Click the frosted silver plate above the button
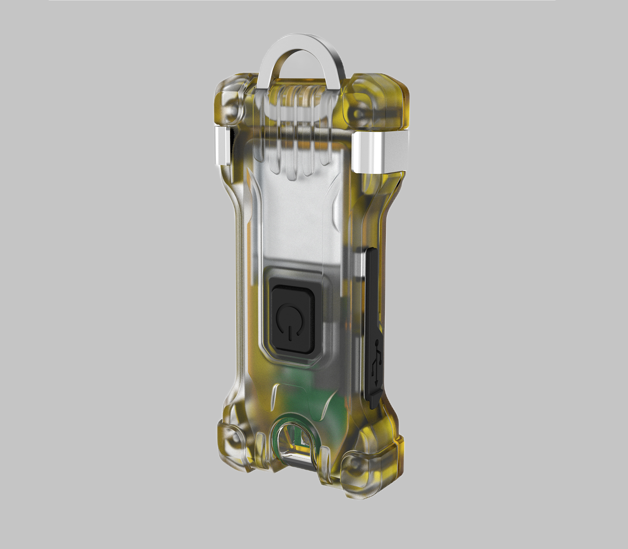point(296,214)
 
